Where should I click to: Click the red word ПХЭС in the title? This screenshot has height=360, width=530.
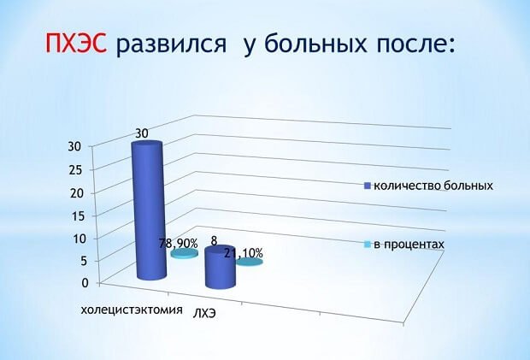pos(76,44)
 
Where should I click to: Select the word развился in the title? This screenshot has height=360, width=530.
pos(171,44)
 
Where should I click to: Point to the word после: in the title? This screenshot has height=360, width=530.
pos(415,44)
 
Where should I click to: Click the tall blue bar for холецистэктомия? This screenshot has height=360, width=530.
pos(149,210)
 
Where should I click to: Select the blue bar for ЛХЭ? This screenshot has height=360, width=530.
pos(221,267)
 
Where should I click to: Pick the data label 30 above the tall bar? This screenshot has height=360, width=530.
pos(142,133)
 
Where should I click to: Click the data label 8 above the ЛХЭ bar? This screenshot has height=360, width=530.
pos(214,241)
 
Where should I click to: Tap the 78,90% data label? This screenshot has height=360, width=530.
pos(179,244)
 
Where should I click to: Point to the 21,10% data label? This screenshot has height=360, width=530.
pos(244,253)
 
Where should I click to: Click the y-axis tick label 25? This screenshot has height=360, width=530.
pos(75,169)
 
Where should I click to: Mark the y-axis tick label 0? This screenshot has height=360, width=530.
pos(85,282)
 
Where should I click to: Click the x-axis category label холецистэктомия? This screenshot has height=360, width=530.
pos(132,310)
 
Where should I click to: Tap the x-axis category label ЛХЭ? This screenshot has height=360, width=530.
pos(204,314)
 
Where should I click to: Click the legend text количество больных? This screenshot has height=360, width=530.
pos(433,186)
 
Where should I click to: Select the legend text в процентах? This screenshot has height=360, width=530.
pos(409,244)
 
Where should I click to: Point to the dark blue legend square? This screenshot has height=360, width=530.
pos(368,186)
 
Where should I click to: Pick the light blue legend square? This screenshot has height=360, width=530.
pos(368,244)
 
